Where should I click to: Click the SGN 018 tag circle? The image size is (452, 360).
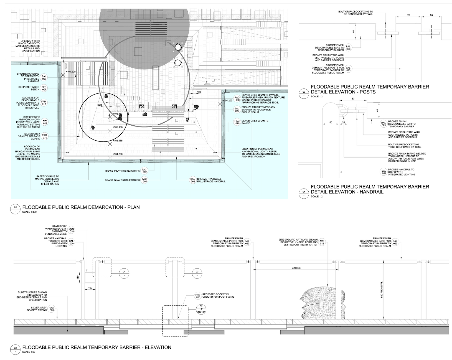(x=72, y=230)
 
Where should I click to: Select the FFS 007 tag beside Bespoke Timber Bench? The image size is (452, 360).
(x=44, y=88)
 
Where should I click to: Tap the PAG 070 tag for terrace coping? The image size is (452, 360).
(x=45, y=137)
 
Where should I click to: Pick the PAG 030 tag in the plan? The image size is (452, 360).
(x=237, y=98)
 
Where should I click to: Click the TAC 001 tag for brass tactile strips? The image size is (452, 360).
(x=144, y=180)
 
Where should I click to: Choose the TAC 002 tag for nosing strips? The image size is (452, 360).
(x=144, y=171)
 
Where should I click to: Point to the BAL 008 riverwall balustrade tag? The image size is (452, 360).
(x=193, y=180)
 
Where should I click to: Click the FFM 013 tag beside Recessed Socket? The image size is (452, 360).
(x=198, y=296)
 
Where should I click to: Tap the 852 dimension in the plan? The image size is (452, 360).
(x=100, y=105)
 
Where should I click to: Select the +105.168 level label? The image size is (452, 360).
(x=117, y=127)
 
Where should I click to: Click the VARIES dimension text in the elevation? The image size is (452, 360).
(x=296, y=268)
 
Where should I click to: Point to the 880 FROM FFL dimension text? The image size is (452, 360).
(x=382, y=290)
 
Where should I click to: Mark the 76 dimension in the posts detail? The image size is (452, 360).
(x=408, y=15)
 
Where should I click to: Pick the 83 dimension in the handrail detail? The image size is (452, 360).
(x=353, y=98)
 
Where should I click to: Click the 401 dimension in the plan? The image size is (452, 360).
(x=199, y=92)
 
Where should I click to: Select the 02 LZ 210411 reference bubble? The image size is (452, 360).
(x=201, y=309)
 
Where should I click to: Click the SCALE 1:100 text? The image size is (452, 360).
(x=29, y=212)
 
